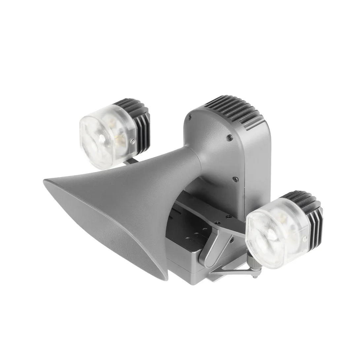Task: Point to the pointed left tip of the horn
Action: pos(46,181)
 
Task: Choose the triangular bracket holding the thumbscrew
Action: pos(231,264)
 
